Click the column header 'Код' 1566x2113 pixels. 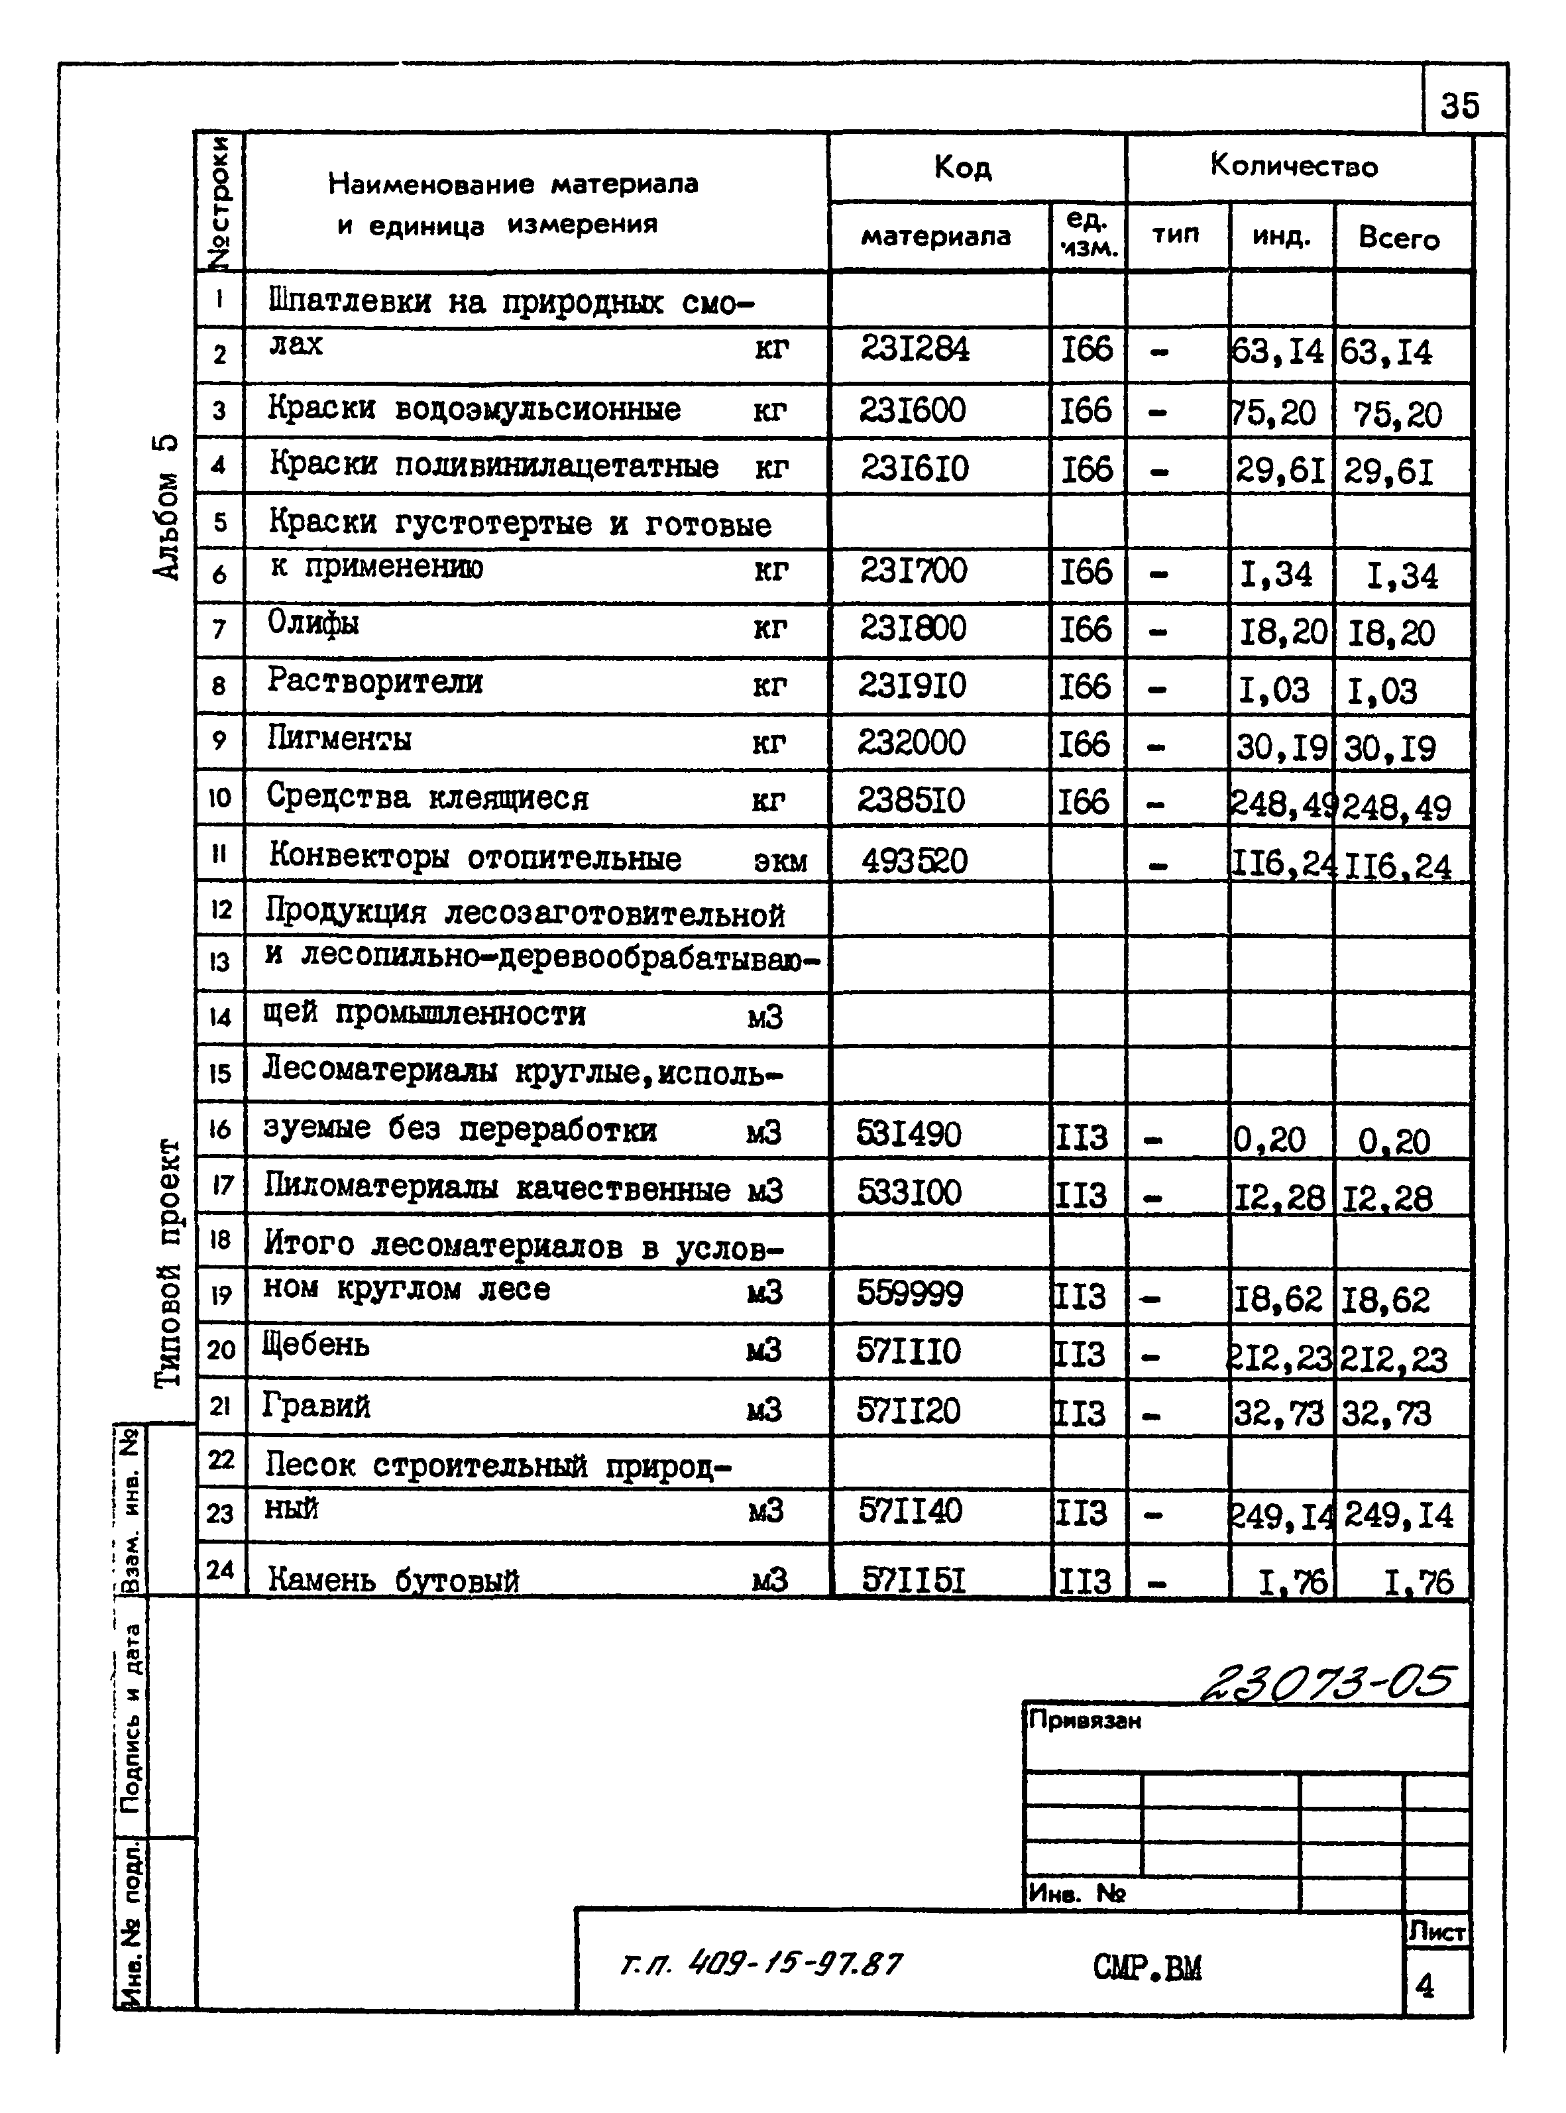[962, 168]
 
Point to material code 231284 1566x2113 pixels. [915, 350]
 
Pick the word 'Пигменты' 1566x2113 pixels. [339, 738]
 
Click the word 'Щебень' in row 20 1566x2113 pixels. [315, 1345]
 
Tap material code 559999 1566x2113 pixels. [909, 1293]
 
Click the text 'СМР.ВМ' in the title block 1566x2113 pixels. [1147, 1969]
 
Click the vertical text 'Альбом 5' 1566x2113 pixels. [165, 507]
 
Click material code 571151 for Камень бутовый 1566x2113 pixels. [913, 1579]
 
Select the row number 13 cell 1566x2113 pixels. [220, 963]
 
